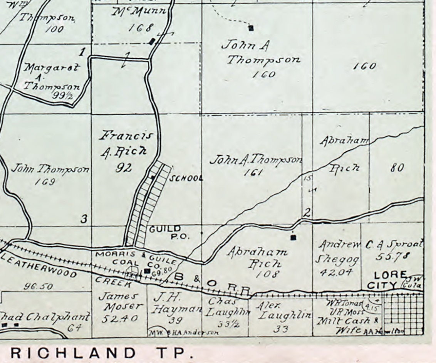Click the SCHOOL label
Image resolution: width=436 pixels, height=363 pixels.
(186, 178)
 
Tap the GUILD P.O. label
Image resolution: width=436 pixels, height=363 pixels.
(169, 233)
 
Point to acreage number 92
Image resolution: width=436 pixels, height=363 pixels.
(124, 168)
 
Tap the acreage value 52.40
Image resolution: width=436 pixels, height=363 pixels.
(120, 319)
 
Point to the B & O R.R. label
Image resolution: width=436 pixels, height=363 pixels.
(212, 283)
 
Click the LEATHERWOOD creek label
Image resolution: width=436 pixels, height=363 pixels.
(39, 266)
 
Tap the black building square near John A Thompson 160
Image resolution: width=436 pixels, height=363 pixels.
(251, 28)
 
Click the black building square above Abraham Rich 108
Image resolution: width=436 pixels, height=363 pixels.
(293, 237)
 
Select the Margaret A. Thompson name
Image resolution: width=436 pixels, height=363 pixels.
(52, 77)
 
